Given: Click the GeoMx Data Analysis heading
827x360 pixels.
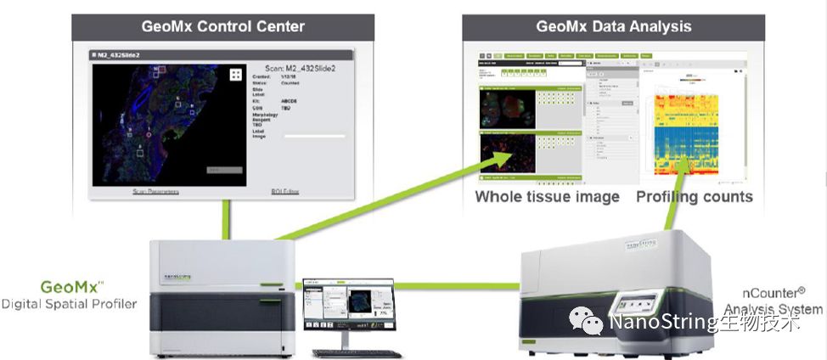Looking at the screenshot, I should pyautogui.click(x=613, y=26).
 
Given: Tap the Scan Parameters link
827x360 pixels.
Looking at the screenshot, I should pyautogui.click(x=155, y=192).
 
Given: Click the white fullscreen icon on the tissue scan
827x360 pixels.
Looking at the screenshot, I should pyautogui.click(x=235, y=75).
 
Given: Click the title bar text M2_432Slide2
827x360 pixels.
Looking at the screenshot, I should pyautogui.click(x=120, y=54).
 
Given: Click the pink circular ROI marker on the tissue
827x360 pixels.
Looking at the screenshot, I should pyautogui.click(x=149, y=134).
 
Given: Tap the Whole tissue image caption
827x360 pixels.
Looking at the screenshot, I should pyautogui.click(x=547, y=197).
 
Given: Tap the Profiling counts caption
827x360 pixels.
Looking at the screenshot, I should pyautogui.click(x=694, y=197).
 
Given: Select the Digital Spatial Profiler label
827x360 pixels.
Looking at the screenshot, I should pyautogui.click(x=69, y=303).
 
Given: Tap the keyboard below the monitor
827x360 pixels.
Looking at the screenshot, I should pyautogui.click(x=356, y=352).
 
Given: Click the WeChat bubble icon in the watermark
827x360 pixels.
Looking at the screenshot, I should pyautogui.click(x=588, y=321).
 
